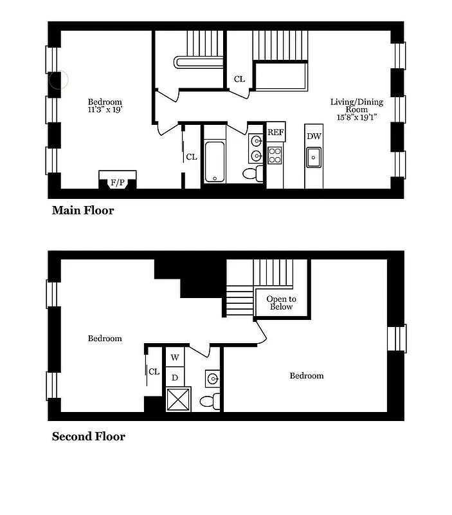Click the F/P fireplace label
click(117, 183)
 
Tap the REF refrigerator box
click(276, 133)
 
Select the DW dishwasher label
click(314, 136)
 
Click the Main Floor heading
click(82, 211)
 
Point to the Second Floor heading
click(88, 436)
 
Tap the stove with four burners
click(275, 155)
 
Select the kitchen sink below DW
click(314, 156)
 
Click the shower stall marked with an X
click(178, 398)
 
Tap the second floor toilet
click(210, 402)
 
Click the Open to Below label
click(282, 303)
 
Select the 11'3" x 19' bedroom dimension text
click(105, 110)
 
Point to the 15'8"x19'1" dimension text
click(357, 118)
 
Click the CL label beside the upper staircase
click(239, 79)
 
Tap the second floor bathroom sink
click(213, 378)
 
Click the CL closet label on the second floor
click(154, 371)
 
